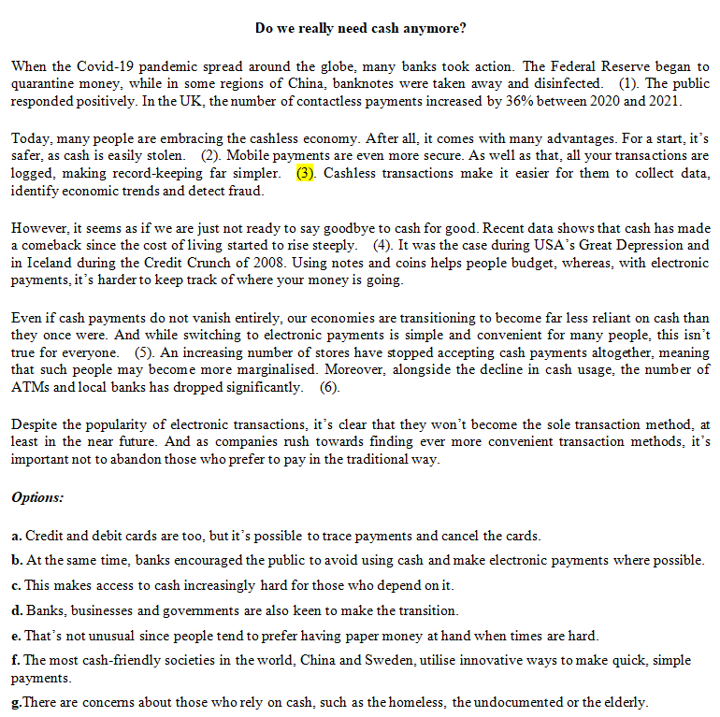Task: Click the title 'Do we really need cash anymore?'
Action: pos(360,28)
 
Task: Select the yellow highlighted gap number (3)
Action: pos(306,174)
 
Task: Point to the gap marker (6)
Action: pos(329,387)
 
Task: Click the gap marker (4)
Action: pos(382,246)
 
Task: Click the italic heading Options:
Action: pos(37,497)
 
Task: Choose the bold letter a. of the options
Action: pos(17,537)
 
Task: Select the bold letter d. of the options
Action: pos(17,611)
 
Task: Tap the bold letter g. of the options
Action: pos(16,702)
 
